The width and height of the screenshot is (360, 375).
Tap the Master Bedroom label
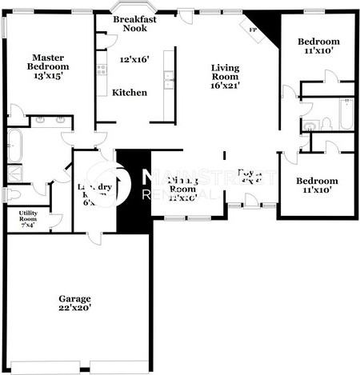(48, 62)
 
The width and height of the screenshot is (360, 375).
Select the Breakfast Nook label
(134, 23)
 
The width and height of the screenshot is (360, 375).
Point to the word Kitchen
(129, 93)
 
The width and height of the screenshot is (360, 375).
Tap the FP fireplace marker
(254, 30)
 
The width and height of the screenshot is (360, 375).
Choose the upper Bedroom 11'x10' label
(318, 42)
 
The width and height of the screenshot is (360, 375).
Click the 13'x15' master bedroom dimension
(48, 76)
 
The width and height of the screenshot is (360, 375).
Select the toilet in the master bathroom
(14, 193)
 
